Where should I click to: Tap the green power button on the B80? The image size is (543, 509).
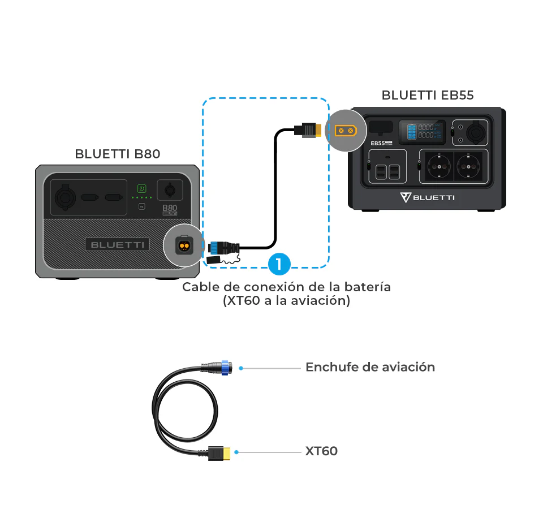(142, 188)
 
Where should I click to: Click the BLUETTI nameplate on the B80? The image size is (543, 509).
(118, 245)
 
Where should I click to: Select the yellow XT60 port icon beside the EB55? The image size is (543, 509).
(346, 131)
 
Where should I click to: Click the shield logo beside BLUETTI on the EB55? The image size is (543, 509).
(405, 197)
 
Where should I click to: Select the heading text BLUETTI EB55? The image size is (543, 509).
(428, 95)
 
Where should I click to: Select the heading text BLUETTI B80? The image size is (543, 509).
(118, 154)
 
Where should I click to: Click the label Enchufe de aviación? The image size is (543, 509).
(370, 367)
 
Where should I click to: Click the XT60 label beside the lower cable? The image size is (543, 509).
(321, 451)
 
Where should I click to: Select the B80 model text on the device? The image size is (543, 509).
(170, 208)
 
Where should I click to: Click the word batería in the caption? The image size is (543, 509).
(367, 287)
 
